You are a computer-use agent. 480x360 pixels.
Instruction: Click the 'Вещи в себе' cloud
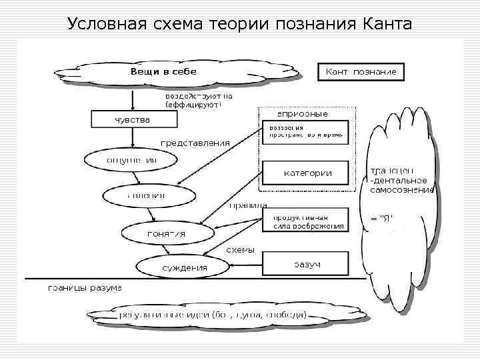coord(163,71)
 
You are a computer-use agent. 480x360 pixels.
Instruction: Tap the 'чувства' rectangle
coord(134,120)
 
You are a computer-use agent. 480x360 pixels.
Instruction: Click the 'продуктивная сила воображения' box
coord(307,221)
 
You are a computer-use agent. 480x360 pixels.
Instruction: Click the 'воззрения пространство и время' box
coord(305,131)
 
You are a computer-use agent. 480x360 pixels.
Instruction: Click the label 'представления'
coord(195,143)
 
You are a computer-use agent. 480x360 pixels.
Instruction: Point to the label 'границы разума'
coord(85,289)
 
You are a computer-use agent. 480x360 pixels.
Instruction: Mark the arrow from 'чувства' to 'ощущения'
coord(134,139)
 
